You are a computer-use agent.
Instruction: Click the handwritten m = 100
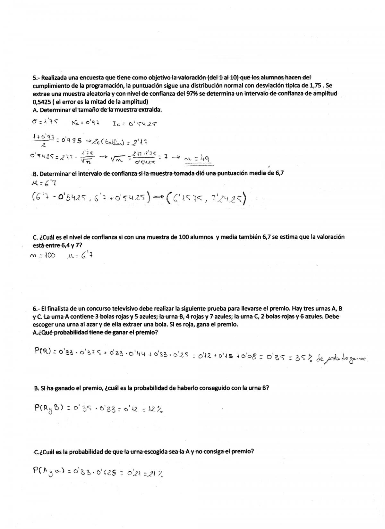point(42,255)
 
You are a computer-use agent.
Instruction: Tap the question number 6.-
point(36,309)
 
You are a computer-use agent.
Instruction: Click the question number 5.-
point(36,78)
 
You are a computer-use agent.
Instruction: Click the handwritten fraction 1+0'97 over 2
point(43,140)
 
